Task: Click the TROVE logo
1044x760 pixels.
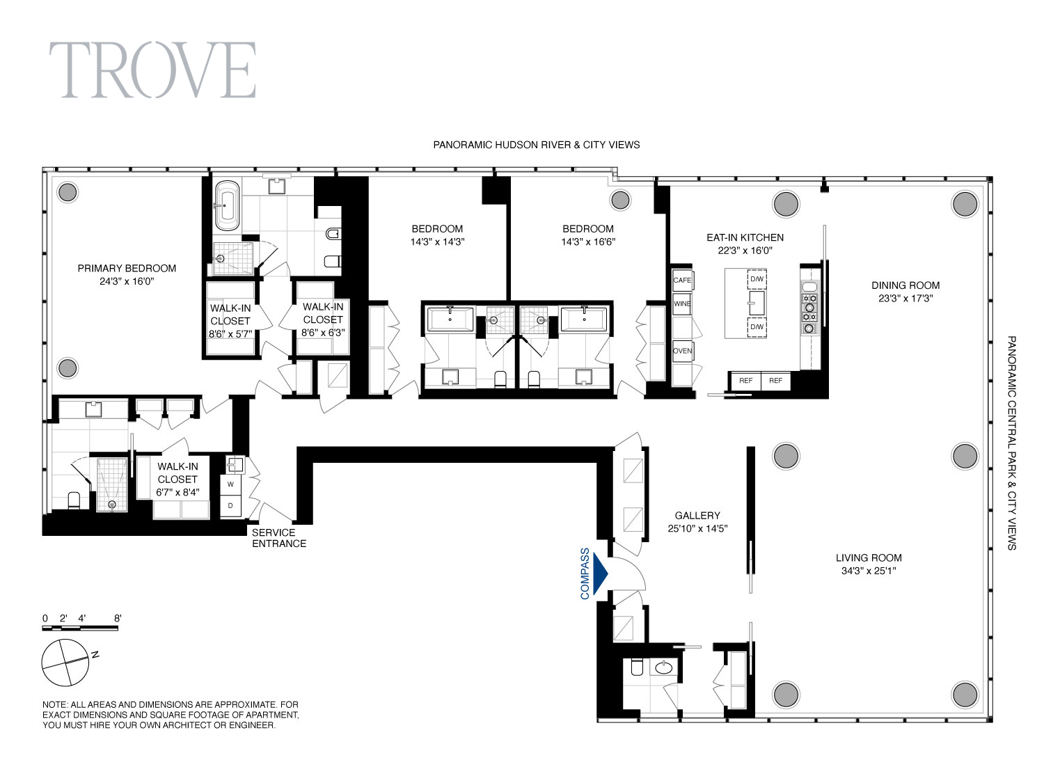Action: pyautogui.click(x=152, y=70)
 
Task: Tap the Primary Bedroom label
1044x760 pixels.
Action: pyautogui.click(x=127, y=269)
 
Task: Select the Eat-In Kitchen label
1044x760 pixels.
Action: pyautogui.click(x=745, y=237)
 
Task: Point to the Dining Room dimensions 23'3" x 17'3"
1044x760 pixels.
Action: pyautogui.click(x=905, y=298)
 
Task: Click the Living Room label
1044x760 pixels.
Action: pyautogui.click(x=869, y=557)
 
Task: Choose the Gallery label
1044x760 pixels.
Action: pyautogui.click(x=697, y=515)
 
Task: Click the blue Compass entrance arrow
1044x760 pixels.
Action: pyautogui.click(x=601, y=573)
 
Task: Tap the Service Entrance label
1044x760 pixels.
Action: pyautogui.click(x=278, y=538)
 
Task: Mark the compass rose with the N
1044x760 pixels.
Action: pyautogui.click(x=65, y=662)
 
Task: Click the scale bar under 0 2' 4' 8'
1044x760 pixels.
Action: pyautogui.click(x=80, y=628)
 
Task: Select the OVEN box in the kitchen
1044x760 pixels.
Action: pyautogui.click(x=682, y=351)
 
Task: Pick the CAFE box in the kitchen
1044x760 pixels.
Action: pyautogui.click(x=682, y=280)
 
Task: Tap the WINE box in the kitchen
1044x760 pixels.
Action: pyautogui.click(x=681, y=304)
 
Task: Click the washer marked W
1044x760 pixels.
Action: pyautogui.click(x=230, y=484)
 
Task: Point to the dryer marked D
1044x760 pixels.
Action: pyautogui.click(x=230, y=506)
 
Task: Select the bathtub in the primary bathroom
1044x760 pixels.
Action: pyautogui.click(x=227, y=205)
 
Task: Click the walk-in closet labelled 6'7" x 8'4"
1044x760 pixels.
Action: pyautogui.click(x=177, y=480)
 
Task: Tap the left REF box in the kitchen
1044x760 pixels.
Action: pyautogui.click(x=745, y=381)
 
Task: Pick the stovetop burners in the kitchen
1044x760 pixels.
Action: pyautogui.click(x=809, y=308)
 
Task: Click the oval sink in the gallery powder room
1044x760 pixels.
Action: pyautogui.click(x=664, y=667)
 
